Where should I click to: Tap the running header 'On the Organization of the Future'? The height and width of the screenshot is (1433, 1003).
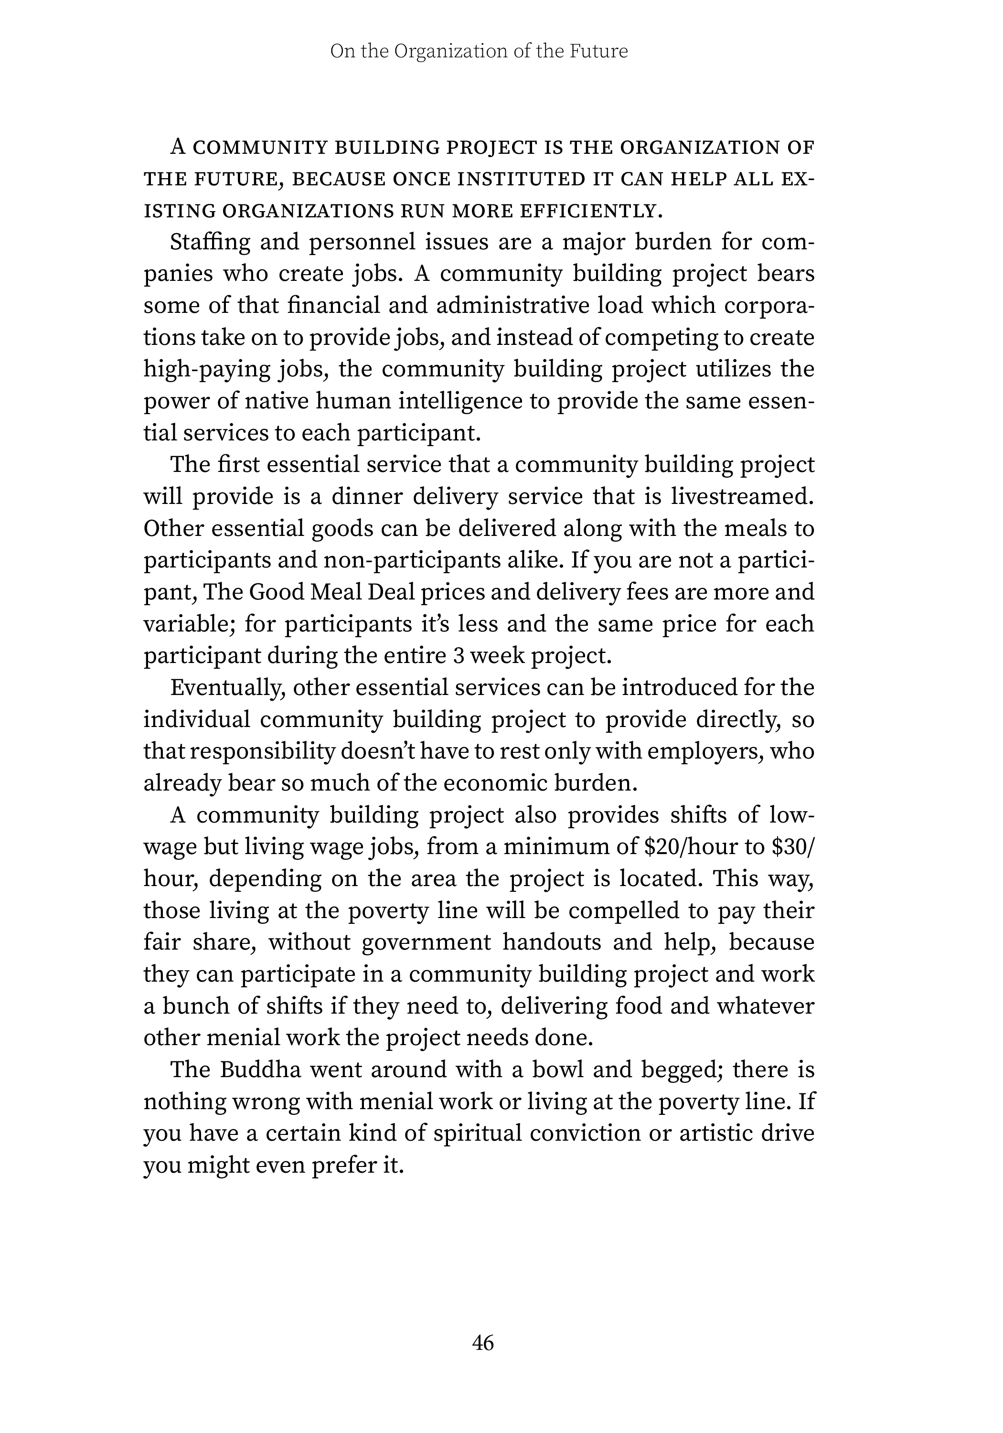(479, 51)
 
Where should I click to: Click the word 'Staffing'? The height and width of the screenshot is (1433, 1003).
(210, 242)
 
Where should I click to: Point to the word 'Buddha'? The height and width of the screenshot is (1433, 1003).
(261, 1070)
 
